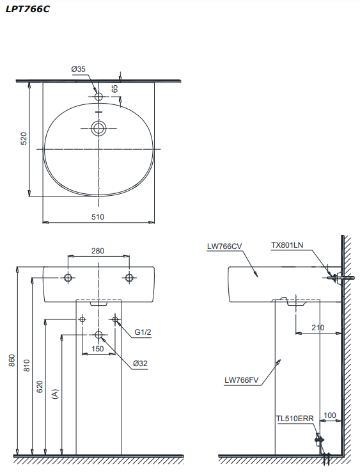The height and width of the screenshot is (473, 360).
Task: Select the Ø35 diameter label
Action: coord(79,68)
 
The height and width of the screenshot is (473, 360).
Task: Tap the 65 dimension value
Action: coord(115,88)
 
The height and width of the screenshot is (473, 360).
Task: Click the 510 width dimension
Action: coord(97,217)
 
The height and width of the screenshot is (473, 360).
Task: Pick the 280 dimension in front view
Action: coord(97,251)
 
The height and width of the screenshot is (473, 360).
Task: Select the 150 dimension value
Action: coord(97,349)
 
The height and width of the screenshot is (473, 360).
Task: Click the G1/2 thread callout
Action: coord(143,332)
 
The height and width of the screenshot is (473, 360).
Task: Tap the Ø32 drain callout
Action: coord(140,364)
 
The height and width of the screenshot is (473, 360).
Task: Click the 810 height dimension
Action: coord(27,365)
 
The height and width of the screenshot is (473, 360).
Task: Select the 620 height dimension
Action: coord(40,386)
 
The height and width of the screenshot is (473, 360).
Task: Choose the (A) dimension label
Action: coord(55,394)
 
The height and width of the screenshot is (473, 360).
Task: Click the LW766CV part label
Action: coord(224,246)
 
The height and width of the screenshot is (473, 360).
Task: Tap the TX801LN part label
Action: coord(286,245)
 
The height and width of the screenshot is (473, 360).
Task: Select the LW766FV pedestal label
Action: coord(241,380)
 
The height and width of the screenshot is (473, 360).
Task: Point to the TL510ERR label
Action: coord(295,419)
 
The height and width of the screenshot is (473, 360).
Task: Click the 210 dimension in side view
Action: coord(317,328)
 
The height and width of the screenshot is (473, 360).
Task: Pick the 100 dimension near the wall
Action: coord(329,415)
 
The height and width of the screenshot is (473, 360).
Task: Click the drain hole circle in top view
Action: coord(98,129)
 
